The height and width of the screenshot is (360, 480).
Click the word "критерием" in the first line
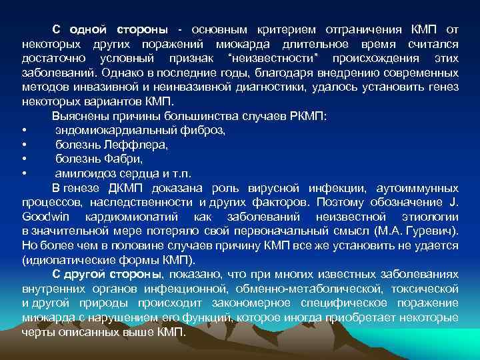(284, 31)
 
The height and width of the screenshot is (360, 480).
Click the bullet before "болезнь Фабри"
(25, 159)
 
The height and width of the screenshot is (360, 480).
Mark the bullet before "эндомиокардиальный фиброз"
(25, 130)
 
